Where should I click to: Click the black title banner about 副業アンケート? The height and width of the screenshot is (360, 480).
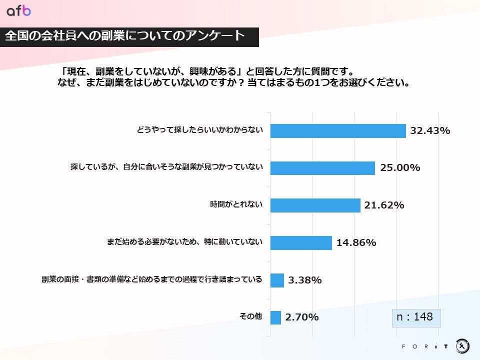pos(129,36)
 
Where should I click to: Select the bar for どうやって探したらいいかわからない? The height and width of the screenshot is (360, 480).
pos(337,131)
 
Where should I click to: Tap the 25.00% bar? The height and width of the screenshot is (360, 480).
pos(322,168)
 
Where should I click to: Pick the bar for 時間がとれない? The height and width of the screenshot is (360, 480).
pos(315,205)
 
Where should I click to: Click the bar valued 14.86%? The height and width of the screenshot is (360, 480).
pos(301,243)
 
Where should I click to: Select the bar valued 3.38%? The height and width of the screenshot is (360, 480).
pos(277,280)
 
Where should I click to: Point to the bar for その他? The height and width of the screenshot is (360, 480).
pos(275,317)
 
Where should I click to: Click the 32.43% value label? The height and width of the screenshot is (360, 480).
pos(430,131)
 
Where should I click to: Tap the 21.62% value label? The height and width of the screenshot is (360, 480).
pos(384,205)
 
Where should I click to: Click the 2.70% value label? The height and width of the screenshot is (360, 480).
pos(302,317)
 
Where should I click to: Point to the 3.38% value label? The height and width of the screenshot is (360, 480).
pos(304,280)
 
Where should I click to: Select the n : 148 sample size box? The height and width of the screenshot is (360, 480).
pos(415,317)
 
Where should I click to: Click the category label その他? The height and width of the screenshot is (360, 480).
pos(250,316)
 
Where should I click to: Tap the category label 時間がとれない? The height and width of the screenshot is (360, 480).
pos(236,204)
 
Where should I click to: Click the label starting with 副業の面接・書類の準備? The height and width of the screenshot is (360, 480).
pos(152,279)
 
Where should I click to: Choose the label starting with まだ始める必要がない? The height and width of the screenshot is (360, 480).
pos(184,242)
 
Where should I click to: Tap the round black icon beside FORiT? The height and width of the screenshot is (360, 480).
pos(462,345)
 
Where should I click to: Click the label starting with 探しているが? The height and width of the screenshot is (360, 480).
pos(166,167)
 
